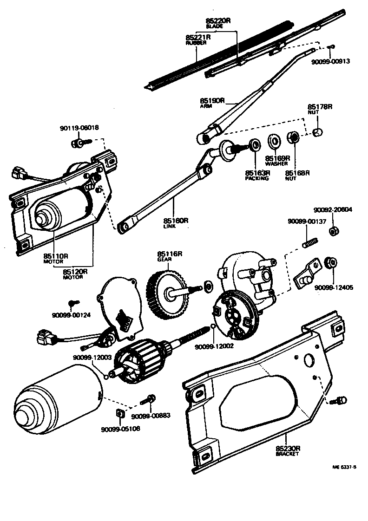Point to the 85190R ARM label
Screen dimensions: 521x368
point(212,102)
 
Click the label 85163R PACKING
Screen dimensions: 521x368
point(257,175)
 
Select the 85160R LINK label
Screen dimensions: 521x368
point(175,222)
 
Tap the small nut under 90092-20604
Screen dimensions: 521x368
point(333,231)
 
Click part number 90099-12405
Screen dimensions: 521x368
point(333,287)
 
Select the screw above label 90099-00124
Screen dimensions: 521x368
point(72,303)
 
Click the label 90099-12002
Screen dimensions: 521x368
point(214,346)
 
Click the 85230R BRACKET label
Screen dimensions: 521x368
point(288,451)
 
